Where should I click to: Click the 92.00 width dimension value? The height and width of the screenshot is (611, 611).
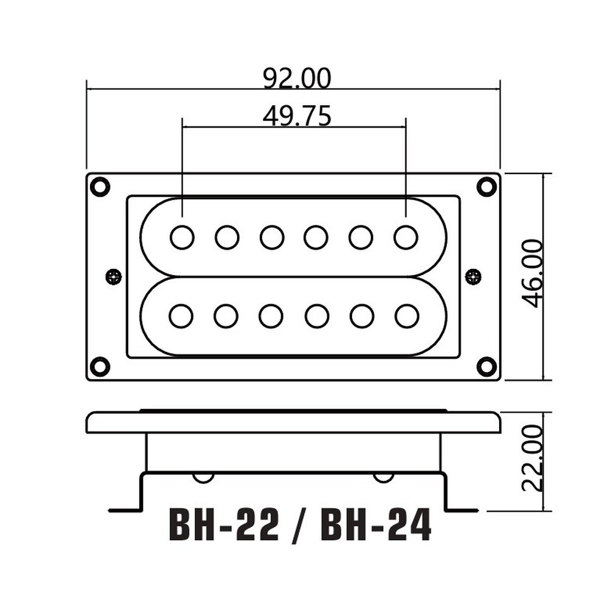click(x=297, y=79)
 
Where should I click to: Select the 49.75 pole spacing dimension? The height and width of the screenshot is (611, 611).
click(x=297, y=116)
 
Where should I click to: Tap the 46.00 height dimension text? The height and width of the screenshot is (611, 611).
click(x=532, y=274)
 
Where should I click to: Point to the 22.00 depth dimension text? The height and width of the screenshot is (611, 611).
click(x=532, y=458)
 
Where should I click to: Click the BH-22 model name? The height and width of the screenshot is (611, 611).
click(x=224, y=524)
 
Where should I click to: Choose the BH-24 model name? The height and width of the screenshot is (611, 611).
click(x=376, y=524)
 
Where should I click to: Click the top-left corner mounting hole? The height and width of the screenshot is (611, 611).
click(x=100, y=186)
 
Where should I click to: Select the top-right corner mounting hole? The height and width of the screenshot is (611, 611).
click(x=487, y=186)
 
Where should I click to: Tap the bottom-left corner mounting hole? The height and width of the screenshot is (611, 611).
click(x=100, y=366)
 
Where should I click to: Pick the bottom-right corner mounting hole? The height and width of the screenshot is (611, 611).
click(x=487, y=366)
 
